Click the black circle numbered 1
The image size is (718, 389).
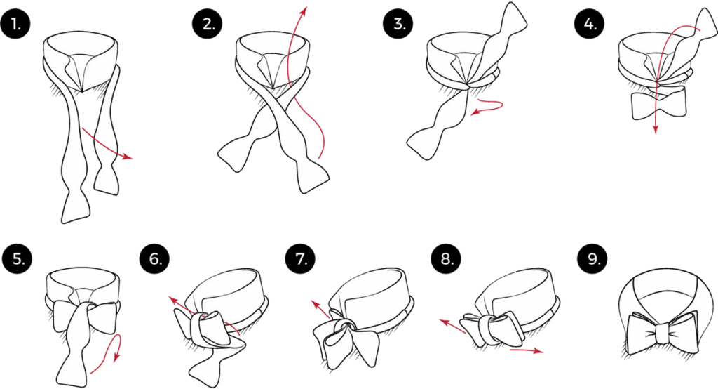coord(15,23)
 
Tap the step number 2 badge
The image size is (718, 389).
coord(208,23)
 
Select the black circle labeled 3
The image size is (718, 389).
coord(399,23)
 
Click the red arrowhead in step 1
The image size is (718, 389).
coord(128,157)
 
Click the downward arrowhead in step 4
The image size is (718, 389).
coord(656,128)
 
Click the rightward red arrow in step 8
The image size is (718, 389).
coord(527,351)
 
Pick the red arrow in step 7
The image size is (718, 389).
coord(320,310)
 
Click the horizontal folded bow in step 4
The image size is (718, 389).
coord(659,103)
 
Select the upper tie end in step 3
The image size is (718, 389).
coord(503,34)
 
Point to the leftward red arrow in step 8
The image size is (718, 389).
coord(453,326)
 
